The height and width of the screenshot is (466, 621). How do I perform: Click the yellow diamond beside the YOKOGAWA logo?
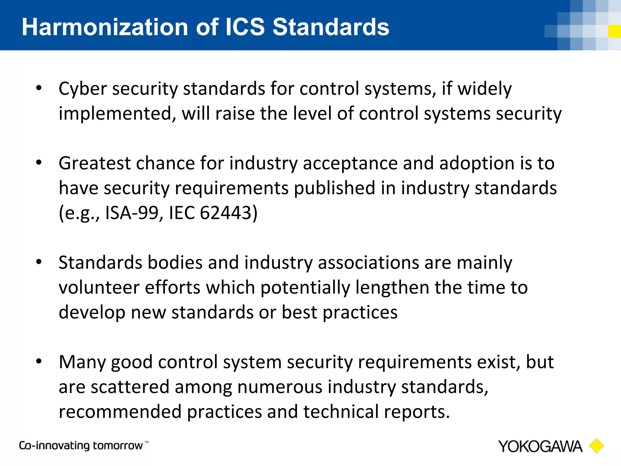(596, 446)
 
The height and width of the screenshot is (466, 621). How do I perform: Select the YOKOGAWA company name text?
(540, 447)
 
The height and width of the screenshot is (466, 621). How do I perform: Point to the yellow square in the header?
(615, 31)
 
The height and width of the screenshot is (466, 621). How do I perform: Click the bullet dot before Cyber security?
(39, 88)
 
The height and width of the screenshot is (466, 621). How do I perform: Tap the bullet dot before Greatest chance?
(39, 163)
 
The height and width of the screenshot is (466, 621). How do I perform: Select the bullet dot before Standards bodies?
(39, 262)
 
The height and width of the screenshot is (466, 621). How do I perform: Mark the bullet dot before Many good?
(39, 362)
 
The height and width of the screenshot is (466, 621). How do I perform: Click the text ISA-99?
(131, 213)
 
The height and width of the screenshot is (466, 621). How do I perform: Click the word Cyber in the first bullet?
(82, 89)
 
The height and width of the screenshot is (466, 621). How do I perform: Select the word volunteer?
(99, 287)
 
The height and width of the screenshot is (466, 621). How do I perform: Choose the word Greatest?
(95, 164)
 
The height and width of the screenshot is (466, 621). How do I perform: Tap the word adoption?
(477, 164)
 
